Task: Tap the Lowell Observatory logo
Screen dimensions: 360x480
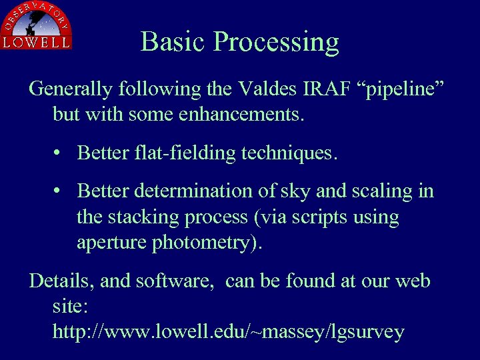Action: click(37, 25)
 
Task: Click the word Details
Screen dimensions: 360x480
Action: click(61, 281)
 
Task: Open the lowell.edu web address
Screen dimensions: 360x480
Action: click(228, 332)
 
